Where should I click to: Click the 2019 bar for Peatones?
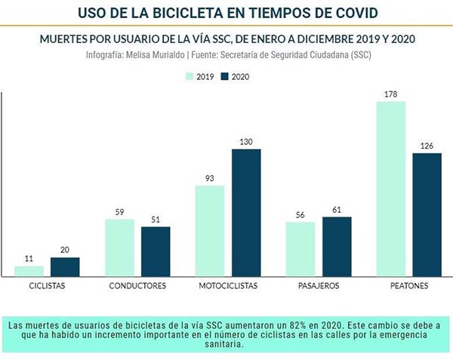point(391,189)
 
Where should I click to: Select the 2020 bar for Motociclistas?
point(246,213)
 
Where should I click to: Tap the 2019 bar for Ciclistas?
point(29,271)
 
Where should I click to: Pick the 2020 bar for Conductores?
point(156,251)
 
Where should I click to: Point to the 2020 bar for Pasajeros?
point(337,247)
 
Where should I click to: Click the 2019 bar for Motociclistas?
point(210,231)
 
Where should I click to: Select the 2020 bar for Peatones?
point(427,214)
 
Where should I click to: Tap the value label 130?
point(246,142)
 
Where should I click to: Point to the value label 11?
point(29,259)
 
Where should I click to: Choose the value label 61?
point(337,210)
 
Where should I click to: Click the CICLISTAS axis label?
point(47,287)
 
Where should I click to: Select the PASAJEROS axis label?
point(318,287)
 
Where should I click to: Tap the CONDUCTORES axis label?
point(137,287)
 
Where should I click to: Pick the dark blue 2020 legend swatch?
point(225,76)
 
